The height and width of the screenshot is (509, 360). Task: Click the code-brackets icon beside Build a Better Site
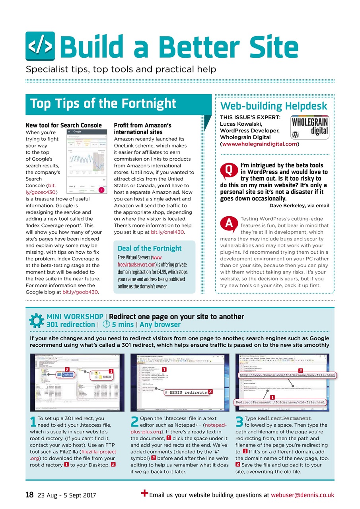coord(40,46)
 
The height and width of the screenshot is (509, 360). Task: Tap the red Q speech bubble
coord(228,170)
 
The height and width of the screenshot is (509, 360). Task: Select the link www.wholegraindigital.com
coord(260,144)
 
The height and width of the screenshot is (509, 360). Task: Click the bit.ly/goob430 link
coord(80,292)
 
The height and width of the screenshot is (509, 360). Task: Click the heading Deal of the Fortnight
coord(149,248)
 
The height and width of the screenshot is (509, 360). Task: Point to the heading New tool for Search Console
coord(64,125)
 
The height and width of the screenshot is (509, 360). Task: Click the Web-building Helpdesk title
coord(274,106)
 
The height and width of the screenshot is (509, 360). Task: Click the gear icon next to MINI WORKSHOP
coord(37,321)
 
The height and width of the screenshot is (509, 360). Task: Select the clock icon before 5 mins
coord(105,324)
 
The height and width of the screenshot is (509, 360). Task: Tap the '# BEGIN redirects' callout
coord(185,392)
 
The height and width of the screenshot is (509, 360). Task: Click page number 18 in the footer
coord(29,495)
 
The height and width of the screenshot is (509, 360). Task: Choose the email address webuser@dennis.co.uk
coord(302,495)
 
